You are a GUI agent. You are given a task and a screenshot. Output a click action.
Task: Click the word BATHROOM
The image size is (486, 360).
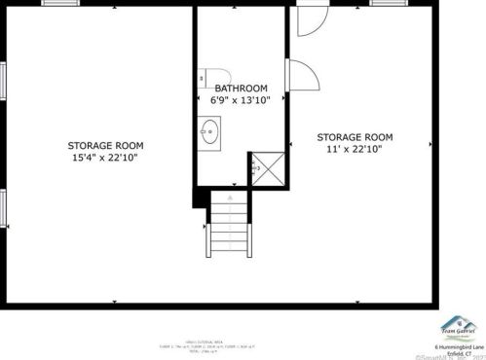coord(240,87)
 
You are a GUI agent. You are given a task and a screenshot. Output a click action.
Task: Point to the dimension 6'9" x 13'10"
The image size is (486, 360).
coord(240,99)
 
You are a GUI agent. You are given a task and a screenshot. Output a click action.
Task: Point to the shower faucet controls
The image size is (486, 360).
coord(255,168)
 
